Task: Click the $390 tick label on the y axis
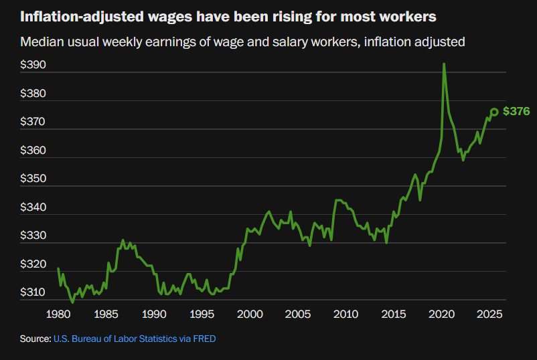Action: click(33, 66)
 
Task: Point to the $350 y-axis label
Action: click(33, 179)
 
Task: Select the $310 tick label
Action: click(33, 293)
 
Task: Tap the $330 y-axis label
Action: click(33, 236)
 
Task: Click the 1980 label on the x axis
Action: click(59, 314)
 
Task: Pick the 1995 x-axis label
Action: click(202, 314)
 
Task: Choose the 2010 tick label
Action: click(346, 314)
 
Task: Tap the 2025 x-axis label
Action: click(489, 314)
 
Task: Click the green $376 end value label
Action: click(516, 111)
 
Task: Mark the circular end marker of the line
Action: click(494, 112)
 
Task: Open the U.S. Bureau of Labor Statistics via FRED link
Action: click(135, 339)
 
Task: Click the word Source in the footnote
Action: click(35, 339)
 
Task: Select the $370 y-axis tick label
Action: click(33, 122)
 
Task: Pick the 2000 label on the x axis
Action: click(250, 314)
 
